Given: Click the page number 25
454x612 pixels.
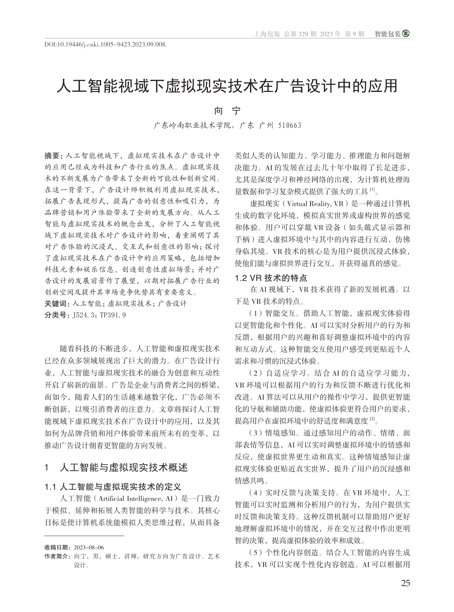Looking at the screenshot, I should coord(405,583).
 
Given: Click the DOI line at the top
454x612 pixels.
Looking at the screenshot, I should coord(106,45).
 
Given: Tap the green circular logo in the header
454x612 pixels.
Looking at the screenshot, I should coord(406,34).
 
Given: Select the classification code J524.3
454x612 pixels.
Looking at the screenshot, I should coord(84,315).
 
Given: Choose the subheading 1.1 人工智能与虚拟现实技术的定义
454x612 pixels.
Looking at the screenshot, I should coord(113,487).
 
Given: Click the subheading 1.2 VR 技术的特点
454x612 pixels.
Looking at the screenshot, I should coord(271,278).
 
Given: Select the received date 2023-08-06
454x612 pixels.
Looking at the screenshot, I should coord(88,547).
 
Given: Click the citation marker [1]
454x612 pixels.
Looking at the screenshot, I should coord(372,190).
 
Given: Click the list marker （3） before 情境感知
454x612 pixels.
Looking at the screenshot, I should coord(255,433).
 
